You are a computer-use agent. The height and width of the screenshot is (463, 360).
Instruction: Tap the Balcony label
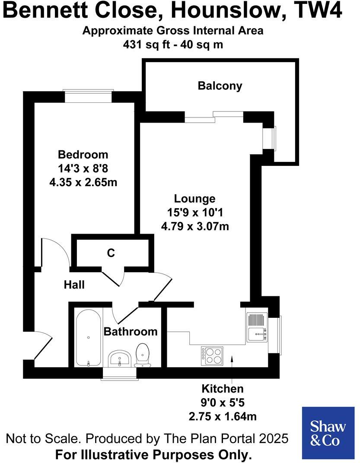(x=220, y=86)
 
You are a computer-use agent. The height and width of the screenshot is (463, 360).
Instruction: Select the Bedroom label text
(x=83, y=154)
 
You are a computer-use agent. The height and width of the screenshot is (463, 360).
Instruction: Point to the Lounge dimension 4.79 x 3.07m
(x=195, y=226)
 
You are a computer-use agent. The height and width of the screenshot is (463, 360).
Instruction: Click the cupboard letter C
(x=111, y=253)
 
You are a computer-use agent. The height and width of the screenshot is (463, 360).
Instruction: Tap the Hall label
(x=74, y=285)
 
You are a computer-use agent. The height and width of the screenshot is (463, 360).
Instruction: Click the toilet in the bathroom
(x=142, y=354)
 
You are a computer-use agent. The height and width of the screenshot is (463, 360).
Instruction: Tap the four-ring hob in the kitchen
(x=212, y=355)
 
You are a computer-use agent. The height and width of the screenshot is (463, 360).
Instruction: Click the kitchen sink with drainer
(x=257, y=327)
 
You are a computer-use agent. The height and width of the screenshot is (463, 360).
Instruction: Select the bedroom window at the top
(x=89, y=95)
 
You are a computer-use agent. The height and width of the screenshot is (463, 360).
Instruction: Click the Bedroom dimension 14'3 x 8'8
(x=83, y=168)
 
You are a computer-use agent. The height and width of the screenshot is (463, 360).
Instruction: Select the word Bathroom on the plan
(x=131, y=332)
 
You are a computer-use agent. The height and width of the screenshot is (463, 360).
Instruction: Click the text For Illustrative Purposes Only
(x=153, y=455)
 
